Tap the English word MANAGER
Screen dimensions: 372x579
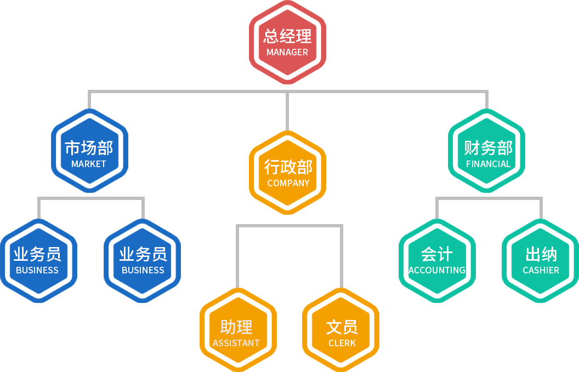pos(287,53)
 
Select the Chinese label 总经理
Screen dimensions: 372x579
pos(287,36)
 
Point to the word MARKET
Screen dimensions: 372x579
pos(89,164)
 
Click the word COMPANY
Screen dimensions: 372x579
pos(288,183)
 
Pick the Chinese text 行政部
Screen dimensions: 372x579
pos(288,167)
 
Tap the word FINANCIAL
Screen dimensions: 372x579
pos(488,164)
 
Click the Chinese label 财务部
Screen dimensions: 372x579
pos(488,148)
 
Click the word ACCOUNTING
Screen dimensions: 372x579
pos(436,270)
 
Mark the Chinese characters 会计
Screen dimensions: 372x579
pos(436,254)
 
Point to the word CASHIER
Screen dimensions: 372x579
pos(541,270)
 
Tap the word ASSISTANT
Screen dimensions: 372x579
pos(236,343)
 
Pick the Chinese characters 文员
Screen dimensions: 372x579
pos(342,327)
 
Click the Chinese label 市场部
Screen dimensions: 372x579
pos(89,148)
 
